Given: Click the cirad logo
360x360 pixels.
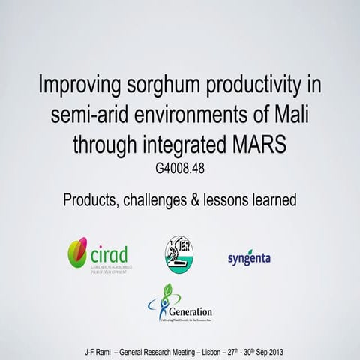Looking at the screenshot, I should (x=98, y=254).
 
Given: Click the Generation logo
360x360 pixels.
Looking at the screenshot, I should (x=179, y=304).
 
